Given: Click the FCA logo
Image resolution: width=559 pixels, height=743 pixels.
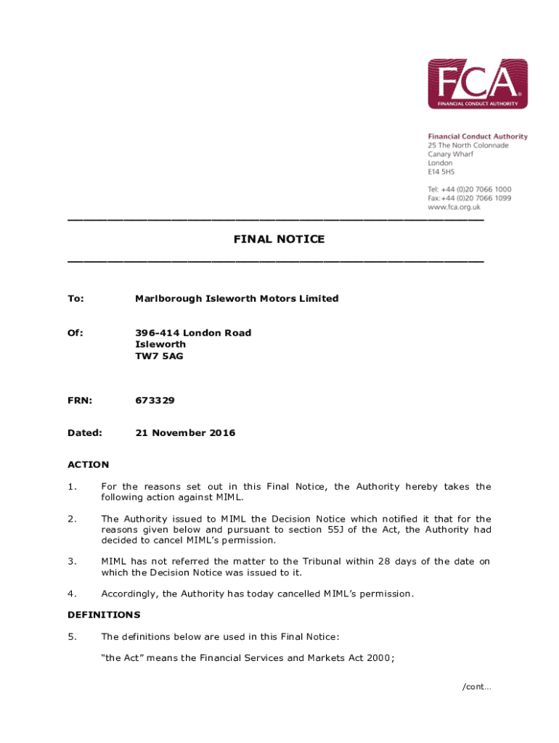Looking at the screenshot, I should [477, 83].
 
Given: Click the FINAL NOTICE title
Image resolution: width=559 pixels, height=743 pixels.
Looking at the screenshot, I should [279, 239].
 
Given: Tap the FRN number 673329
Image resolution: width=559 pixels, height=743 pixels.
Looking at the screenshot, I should [155, 401].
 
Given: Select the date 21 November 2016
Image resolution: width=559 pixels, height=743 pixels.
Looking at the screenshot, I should [185, 433].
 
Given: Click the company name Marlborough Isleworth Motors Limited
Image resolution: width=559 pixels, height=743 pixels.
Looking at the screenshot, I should [237, 298].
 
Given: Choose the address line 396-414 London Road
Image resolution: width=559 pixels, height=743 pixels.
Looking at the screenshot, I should [193, 333].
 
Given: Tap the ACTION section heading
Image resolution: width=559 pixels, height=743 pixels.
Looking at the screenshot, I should [89, 464].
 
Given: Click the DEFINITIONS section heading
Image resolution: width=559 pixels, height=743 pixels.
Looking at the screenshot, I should [104, 615].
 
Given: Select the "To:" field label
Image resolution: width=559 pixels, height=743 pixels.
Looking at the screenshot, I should [76, 298].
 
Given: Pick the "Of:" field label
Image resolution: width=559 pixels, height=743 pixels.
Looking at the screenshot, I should [76, 333].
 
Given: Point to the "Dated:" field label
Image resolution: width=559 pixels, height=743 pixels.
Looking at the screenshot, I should [84, 433].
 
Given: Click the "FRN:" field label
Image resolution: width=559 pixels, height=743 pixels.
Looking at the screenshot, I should [79, 401].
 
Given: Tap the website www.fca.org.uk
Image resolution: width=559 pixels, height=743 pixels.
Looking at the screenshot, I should [454, 207].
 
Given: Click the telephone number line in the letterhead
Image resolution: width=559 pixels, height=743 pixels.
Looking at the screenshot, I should [469, 189].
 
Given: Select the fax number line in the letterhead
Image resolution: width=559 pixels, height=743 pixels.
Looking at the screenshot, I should [469, 198].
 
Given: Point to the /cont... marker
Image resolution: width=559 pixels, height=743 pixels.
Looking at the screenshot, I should [477, 687].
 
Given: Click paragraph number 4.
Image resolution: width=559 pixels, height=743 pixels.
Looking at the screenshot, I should [72, 594].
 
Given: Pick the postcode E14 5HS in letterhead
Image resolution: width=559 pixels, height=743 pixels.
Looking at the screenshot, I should [441, 172].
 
